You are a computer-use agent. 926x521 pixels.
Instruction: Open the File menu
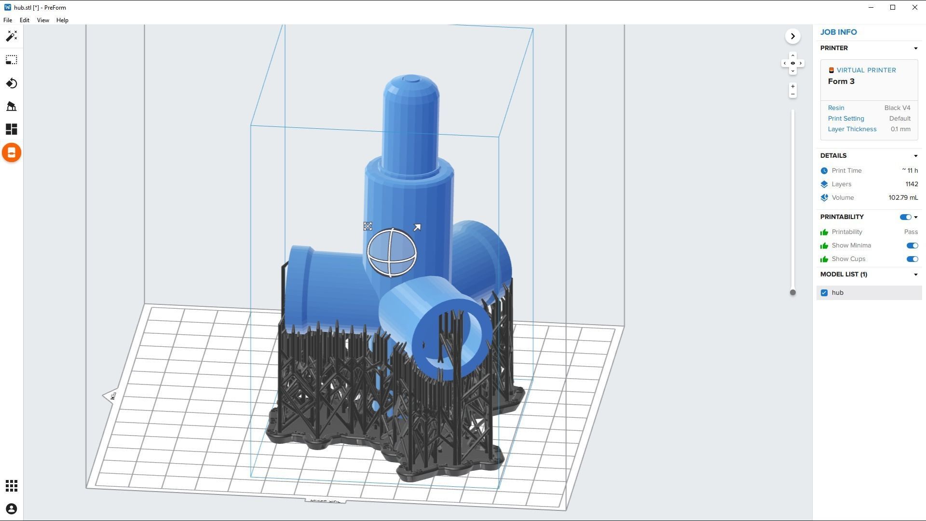[8, 20]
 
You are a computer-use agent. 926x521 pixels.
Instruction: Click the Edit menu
[24, 20]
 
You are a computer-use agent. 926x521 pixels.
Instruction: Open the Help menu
[62, 20]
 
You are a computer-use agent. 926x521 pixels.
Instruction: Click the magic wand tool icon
[12, 36]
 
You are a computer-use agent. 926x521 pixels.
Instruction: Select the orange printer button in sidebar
[12, 153]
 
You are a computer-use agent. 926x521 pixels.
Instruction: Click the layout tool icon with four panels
[12, 129]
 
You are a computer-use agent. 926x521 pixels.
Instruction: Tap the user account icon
[12, 509]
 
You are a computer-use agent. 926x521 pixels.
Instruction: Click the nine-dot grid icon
[12, 486]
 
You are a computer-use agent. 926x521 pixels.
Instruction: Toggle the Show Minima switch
[912, 246]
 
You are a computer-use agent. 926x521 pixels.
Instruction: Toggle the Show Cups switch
[912, 259]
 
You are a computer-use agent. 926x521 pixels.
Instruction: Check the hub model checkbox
[824, 293]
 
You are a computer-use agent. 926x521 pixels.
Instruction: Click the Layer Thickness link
[852, 129]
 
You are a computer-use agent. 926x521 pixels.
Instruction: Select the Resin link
[836, 108]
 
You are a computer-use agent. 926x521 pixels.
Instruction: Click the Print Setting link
[845, 119]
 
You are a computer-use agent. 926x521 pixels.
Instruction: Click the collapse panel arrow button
[792, 37]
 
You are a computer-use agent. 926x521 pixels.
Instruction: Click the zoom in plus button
[792, 87]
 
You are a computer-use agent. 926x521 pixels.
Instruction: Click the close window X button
[914, 8]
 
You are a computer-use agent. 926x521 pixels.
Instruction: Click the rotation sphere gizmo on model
[392, 253]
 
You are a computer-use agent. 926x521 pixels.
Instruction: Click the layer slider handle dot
[792, 292]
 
